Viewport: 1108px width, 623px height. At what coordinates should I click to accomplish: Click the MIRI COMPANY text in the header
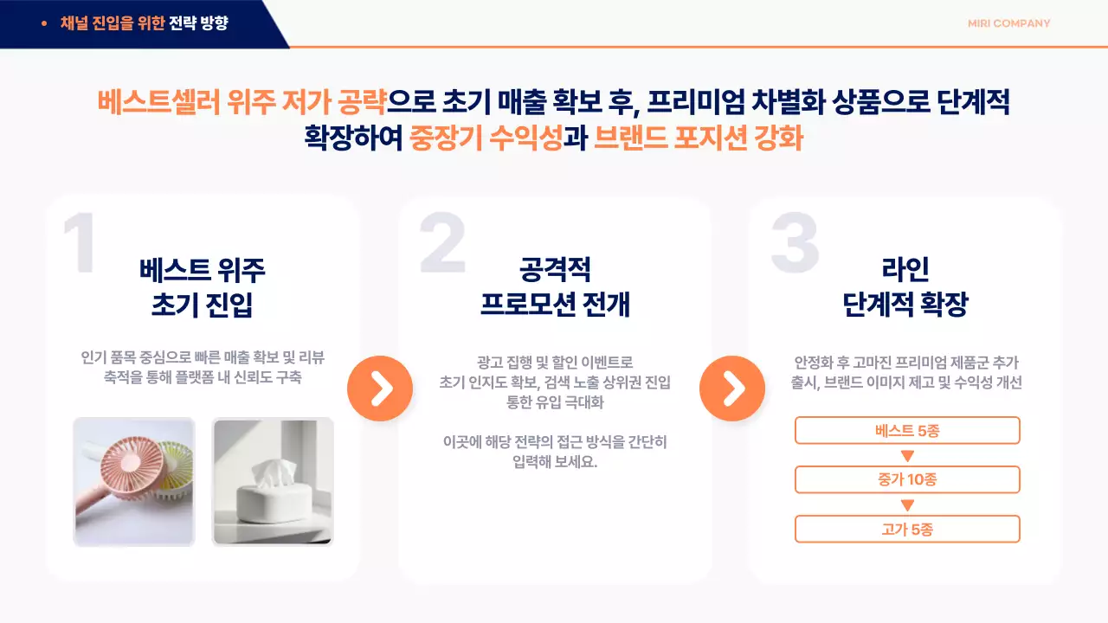(1008, 23)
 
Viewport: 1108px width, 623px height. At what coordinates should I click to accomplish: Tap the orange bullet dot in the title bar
(44, 23)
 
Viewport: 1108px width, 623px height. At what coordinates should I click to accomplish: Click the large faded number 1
(80, 245)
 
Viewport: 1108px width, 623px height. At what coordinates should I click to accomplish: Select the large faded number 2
(442, 245)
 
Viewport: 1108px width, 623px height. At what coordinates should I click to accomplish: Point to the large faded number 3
(795, 243)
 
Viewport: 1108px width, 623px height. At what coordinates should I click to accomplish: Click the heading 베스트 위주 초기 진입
(202, 287)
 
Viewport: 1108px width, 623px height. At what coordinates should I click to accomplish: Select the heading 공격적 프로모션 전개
(555, 287)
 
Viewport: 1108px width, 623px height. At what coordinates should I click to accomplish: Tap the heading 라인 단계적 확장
(905, 287)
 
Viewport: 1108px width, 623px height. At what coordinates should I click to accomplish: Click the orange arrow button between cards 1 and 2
(380, 389)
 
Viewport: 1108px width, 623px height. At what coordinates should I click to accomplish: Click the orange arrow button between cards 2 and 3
(732, 389)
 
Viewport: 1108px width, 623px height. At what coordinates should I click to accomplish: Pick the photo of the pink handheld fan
(134, 482)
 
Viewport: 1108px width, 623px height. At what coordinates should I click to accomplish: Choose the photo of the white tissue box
(273, 482)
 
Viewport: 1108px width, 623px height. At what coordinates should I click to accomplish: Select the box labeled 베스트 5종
(907, 430)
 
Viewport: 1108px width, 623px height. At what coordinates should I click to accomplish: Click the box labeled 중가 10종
(907, 479)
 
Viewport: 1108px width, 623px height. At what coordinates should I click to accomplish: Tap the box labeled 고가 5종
(907, 529)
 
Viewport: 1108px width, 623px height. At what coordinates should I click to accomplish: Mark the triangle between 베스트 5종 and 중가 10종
(907, 456)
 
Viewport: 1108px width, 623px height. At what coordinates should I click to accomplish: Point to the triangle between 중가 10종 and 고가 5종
(907, 505)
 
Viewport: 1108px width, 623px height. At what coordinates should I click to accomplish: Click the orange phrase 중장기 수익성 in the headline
(486, 138)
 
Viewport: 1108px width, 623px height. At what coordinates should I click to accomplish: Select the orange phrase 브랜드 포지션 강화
(699, 138)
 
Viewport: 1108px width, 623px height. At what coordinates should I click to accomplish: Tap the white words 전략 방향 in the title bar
(199, 23)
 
